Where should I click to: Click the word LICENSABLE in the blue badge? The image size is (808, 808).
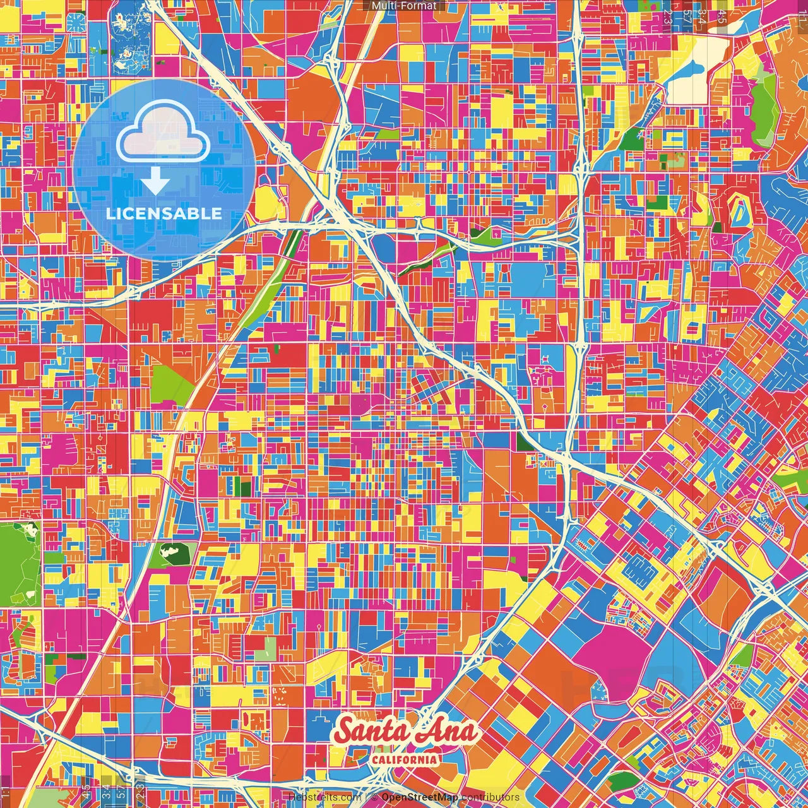pyautogui.click(x=164, y=213)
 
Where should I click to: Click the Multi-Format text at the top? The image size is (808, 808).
pyautogui.click(x=404, y=6)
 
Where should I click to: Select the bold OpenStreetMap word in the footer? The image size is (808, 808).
pyautogui.click(x=420, y=797)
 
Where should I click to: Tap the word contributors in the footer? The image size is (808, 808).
pyautogui.click(x=490, y=797)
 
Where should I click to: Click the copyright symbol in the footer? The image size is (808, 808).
pyautogui.click(x=374, y=797)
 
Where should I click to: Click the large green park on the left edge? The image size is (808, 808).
pyautogui.click(x=19, y=562)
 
